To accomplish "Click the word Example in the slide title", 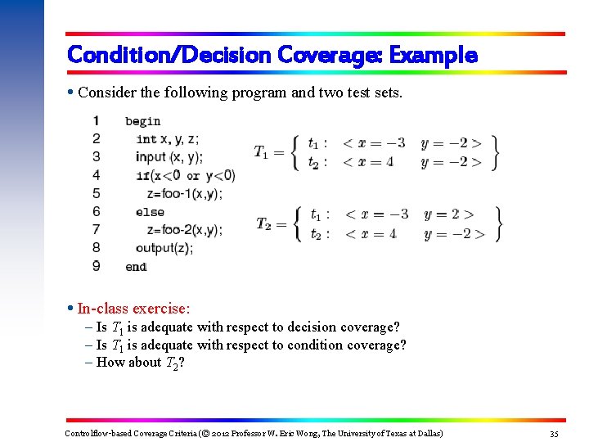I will [433, 56].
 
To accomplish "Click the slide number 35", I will [554, 433].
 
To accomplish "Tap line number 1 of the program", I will [97, 121].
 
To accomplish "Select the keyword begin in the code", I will [142, 122].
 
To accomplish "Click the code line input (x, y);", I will [169, 157].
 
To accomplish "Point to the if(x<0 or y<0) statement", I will [186, 175].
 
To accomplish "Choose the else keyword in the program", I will [150, 212].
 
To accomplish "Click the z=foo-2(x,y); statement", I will [178, 230].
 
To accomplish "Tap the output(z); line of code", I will [164, 248].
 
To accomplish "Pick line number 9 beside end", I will [97, 266].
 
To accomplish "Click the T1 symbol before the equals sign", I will [261, 152].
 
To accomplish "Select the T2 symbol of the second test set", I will [264, 224].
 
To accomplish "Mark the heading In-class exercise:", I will [133, 309].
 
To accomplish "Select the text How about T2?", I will [140, 363].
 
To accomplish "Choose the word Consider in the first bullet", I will [106, 92].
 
